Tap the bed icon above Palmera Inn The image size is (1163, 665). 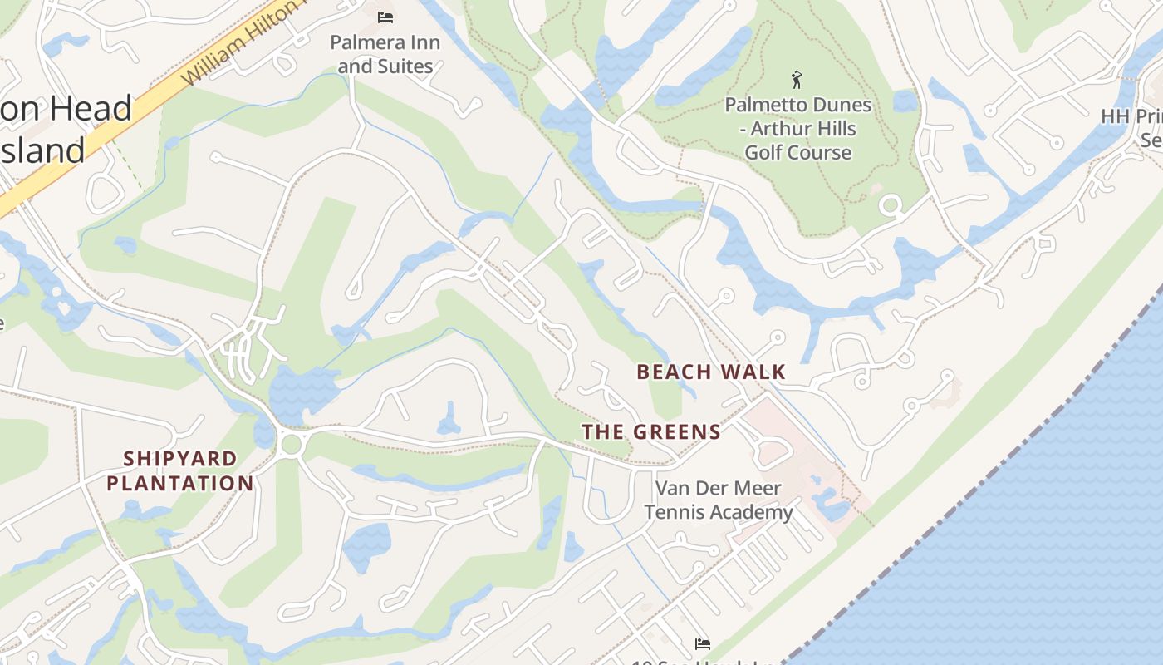click(x=385, y=17)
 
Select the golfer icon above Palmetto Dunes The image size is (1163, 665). click(x=797, y=80)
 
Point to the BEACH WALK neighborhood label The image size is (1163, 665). click(x=711, y=372)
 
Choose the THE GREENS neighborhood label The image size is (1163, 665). click(x=651, y=431)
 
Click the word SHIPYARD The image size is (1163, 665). click(x=180, y=459)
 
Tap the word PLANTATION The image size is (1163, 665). click(x=180, y=483)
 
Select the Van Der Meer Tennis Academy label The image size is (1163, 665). click(x=719, y=500)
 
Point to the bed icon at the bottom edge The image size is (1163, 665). click(x=702, y=643)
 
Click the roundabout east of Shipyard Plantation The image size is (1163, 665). click(x=291, y=444)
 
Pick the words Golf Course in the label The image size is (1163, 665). click(x=797, y=153)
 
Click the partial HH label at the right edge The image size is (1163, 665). click(x=1131, y=116)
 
